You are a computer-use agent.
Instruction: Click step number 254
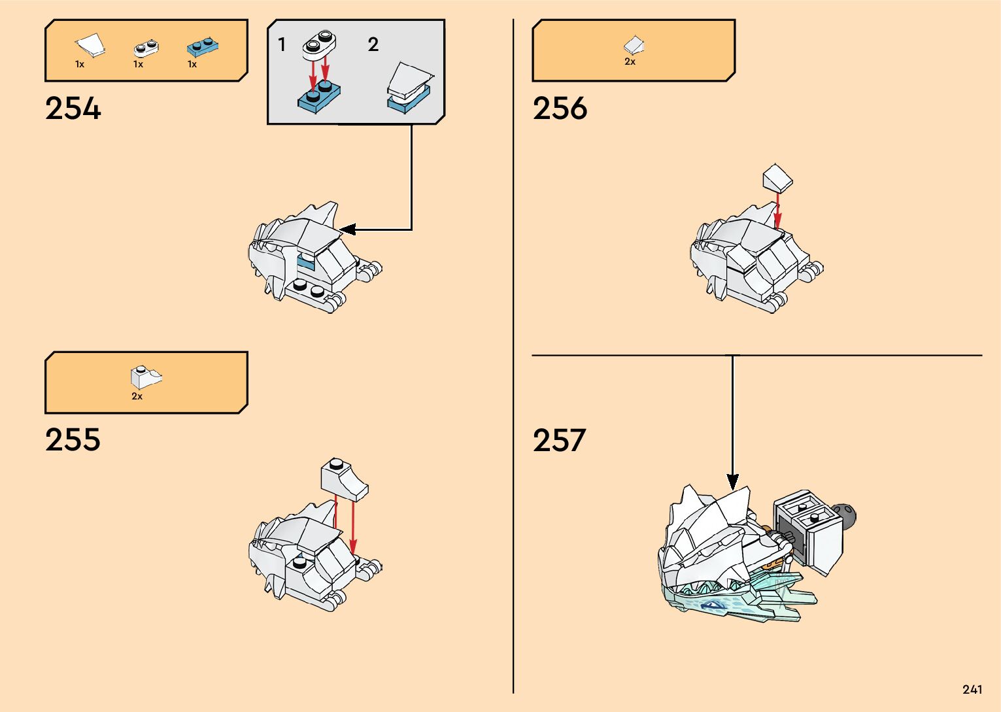(73, 109)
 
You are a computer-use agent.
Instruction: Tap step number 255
(73, 440)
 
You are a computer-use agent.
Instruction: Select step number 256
(560, 109)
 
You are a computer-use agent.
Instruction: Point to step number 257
(560, 441)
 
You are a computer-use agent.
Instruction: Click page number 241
(972, 689)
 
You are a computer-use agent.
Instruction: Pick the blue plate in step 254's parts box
(202, 46)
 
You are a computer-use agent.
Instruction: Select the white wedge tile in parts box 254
(90, 45)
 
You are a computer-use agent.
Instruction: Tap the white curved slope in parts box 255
(146, 378)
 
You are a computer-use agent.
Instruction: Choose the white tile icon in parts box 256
(633, 44)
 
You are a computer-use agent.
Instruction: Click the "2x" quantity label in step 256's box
(630, 61)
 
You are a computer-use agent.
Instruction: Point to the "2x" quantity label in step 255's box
(137, 396)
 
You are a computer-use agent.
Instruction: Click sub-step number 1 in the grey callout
(282, 44)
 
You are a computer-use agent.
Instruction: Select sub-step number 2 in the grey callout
(373, 44)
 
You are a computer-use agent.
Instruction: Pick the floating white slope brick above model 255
(344, 478)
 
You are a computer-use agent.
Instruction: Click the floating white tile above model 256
(777, 178)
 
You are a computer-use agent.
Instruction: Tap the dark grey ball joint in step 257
(846, 516)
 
